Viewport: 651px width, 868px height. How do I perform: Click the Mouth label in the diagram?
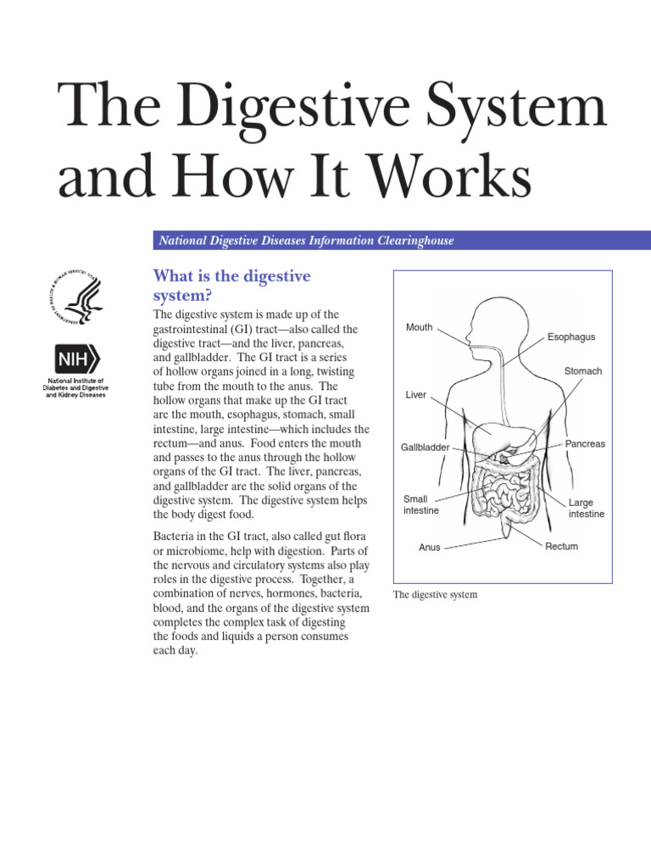(x=419, y=327)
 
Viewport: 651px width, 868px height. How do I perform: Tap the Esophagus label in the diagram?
(x=570, y=337)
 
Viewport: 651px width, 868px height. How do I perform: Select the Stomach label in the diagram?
(x=583, y=371)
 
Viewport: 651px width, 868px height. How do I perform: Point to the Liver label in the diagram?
(x=416, y=395)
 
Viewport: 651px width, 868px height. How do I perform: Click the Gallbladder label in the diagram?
(x=425, y=447)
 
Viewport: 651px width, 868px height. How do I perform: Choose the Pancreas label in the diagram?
(x=585, y=444)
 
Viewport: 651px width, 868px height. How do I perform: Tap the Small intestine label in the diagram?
(x=420, y=505)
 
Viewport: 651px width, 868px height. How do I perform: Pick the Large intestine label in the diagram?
(x=586, y=509)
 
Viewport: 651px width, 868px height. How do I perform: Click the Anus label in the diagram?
(x=430, y=548)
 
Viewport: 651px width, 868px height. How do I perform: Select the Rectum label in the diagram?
(x=561, y=547)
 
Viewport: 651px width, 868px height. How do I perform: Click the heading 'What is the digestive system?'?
(x=231, y=286)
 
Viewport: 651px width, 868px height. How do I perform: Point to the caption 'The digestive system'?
(x=435, y=595)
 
